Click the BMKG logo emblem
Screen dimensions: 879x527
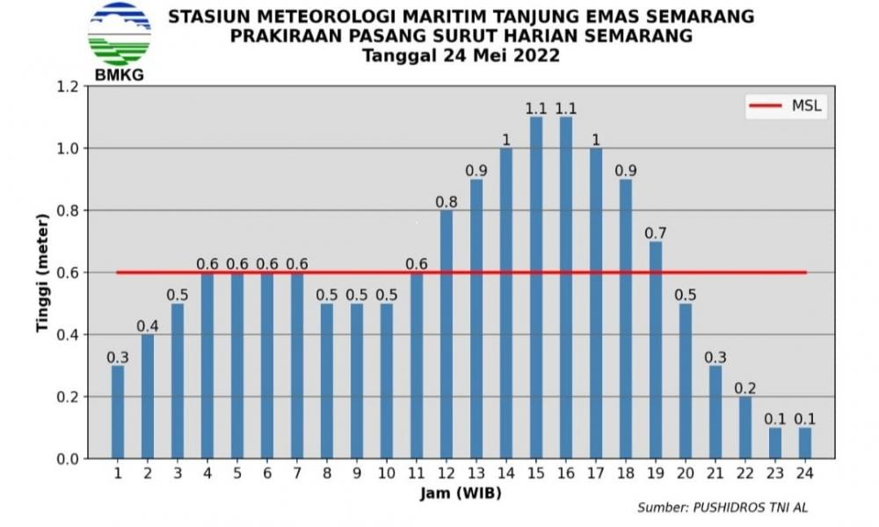pos(120,34)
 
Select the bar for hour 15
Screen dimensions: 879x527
pos(536,288)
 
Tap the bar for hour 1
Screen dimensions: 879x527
pos(118,412)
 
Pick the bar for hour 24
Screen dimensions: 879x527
pos(805,443)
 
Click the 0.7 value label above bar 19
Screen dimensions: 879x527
pos(656,233)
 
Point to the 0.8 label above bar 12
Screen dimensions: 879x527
pos(447,201)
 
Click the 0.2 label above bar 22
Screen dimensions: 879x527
pos(745,388)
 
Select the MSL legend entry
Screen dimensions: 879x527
pos(785,106)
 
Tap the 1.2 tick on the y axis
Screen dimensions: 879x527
pos(69,86)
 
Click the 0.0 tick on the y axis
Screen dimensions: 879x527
pos(69,459)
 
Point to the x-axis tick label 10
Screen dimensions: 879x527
pos(386,473)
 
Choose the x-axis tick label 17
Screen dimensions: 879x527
pos(595,473)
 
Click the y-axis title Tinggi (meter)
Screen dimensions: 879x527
pos(42,273)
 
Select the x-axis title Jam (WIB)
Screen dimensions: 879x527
pos(461,494)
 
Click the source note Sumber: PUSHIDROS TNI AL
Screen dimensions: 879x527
pos(722,508)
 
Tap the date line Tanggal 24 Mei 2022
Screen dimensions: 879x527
pos(461,55)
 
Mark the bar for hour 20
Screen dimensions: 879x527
pos(685,381)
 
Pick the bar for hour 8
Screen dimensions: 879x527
pos(327,381)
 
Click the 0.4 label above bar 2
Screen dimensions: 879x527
pos(148,326)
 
